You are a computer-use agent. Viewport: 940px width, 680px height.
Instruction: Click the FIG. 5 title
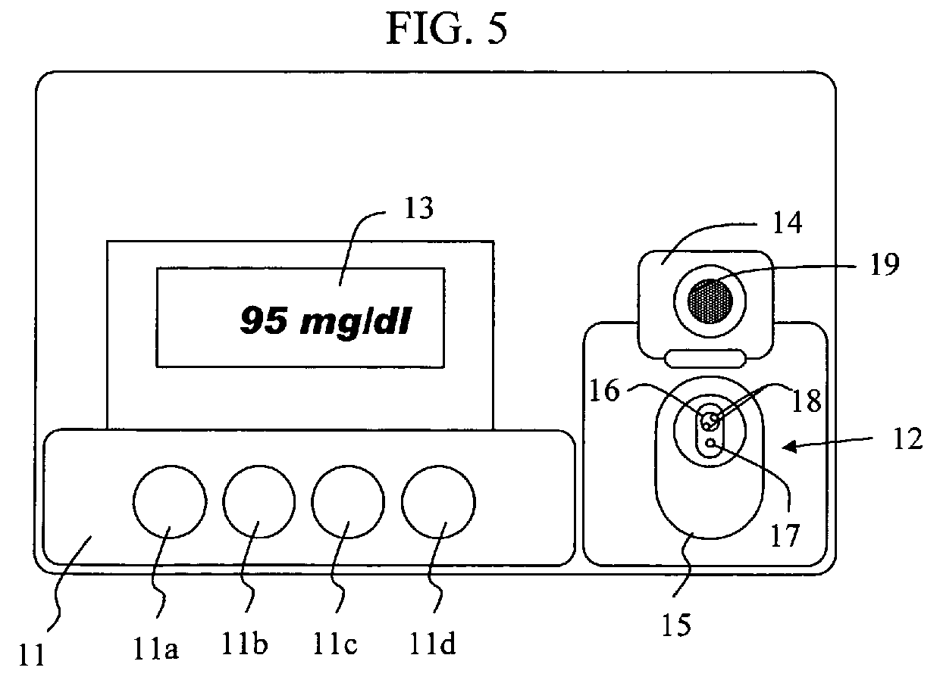point(446,28)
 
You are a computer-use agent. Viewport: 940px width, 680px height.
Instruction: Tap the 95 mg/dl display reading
point(326,321)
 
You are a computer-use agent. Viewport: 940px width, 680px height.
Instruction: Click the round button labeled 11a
point(170,502)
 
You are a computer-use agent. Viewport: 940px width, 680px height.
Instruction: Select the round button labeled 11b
point(259,501)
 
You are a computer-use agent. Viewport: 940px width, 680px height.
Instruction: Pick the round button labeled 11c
point(348,502)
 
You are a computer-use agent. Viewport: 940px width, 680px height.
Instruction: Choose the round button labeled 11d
point(438,502)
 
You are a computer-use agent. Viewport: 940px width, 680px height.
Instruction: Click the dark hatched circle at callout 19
point(710,301)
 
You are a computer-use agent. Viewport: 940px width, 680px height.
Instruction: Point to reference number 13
point(418,208)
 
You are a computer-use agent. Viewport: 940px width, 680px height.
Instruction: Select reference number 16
point(604,391)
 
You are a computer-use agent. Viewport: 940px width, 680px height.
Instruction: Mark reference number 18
point(807,401)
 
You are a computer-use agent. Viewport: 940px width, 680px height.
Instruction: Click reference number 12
point(908,439)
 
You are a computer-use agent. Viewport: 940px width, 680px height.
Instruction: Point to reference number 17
point(785,535)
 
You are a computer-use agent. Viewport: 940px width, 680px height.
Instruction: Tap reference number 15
point(676,625)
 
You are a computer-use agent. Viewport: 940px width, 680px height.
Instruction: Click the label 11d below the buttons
point(432,644)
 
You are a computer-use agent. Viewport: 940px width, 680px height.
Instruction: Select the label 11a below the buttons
point(155,648)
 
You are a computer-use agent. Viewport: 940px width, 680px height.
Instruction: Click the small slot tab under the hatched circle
point(706,358)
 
